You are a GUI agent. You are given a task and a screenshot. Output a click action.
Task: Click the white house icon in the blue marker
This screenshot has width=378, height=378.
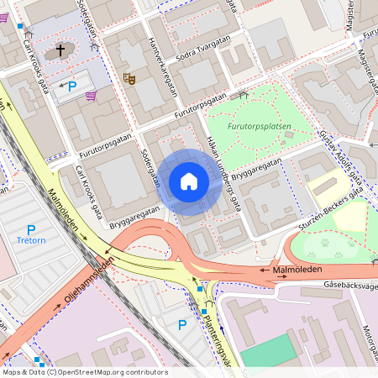(188, 181)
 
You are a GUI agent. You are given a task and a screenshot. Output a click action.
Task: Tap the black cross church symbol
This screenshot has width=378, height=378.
(60, 50)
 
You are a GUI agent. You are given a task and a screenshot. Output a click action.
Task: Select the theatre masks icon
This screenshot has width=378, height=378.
(129, 78)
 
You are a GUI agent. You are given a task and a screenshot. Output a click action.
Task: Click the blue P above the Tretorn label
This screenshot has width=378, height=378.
(31, 229)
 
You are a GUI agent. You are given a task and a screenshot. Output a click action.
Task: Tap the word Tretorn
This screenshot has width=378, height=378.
(31, 241)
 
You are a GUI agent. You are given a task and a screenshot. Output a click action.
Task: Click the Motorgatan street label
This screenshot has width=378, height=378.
(368, 340)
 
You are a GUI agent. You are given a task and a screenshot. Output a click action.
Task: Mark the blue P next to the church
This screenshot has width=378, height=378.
(72, 86)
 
